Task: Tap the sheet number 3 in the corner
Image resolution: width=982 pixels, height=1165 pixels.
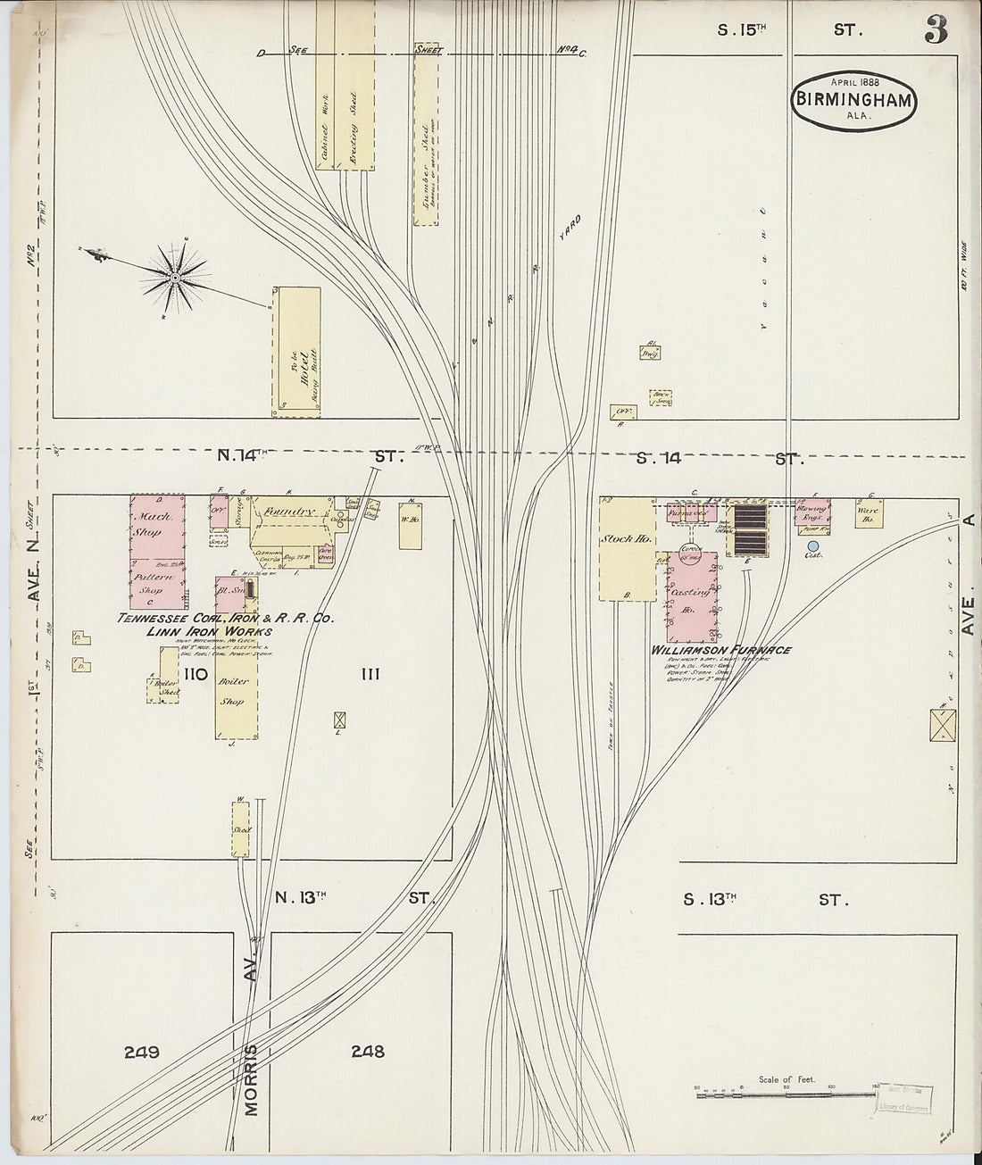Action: [x=935, y=30]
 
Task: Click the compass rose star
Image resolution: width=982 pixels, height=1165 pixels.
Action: [x=174, y=278]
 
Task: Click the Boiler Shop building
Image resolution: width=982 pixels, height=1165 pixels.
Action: [x=235, y=692]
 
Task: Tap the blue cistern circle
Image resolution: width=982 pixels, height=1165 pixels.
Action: [x=812, y=545]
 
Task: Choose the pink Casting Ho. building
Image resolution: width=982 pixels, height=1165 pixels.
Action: [x=693, y=595]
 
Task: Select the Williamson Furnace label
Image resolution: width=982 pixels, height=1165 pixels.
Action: [x=721, y=650]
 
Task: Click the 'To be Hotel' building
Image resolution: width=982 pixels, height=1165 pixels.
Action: [x=296, y=352]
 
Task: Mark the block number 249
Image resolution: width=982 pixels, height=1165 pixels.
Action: [x=141, y=1053]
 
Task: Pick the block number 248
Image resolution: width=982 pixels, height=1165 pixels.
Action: [x=367, y=1053]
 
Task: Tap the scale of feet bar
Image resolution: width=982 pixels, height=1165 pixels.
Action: [x=786, y=1092]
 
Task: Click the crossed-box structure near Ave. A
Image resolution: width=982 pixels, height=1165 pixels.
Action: [x=941, y=724]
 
